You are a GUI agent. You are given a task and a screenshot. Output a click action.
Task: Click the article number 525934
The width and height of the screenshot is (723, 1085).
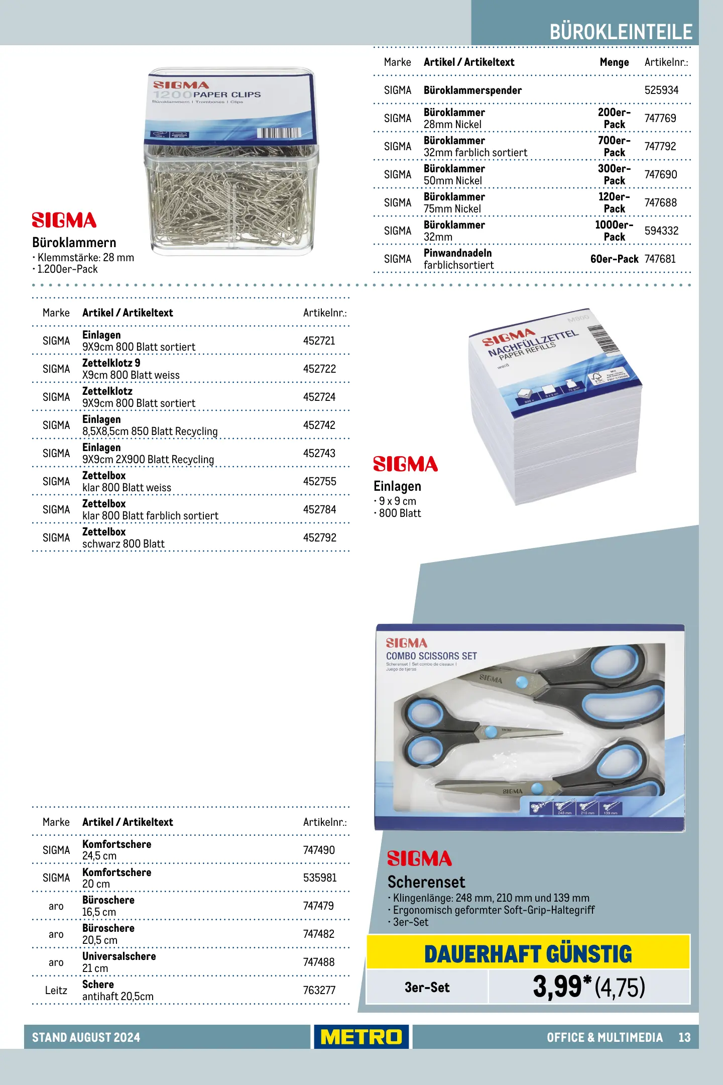(661, 90)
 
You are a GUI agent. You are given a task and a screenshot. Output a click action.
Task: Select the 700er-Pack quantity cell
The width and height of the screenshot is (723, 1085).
(614, 147)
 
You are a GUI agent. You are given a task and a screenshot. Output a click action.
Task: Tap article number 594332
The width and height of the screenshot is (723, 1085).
(661, 231)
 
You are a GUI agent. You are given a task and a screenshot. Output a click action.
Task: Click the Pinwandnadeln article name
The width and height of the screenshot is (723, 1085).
(457, 253)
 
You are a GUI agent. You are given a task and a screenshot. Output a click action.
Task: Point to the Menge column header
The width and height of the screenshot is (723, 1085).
(614, 62)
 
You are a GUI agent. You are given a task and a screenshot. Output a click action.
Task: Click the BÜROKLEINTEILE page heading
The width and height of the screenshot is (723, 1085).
(621, 32)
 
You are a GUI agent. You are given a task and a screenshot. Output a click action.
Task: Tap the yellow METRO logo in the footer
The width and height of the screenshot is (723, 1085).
(361, 1037)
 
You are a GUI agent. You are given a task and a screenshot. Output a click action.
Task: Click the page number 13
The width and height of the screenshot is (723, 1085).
(684, 1037)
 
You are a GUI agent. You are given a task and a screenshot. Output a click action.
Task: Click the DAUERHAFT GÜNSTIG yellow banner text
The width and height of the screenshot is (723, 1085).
(528, 954)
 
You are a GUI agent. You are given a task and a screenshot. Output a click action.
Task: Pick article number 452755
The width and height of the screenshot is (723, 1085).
(319, 482)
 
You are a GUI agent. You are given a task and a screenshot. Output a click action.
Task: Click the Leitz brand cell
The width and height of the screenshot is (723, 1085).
(56, 991)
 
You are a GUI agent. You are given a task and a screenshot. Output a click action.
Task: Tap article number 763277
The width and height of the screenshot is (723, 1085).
(319, 991)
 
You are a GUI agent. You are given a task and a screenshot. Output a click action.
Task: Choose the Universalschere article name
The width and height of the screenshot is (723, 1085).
(119, 956)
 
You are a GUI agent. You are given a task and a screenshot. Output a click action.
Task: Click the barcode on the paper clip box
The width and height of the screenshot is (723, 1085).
(279, 133)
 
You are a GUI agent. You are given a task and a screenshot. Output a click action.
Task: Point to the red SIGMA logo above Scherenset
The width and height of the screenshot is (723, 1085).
(419, 858)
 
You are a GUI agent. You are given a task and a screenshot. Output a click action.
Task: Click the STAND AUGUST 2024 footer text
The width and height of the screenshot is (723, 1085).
(86, 1037)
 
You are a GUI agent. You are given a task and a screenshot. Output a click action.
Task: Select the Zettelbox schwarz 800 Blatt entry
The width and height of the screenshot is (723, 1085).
(124, 538)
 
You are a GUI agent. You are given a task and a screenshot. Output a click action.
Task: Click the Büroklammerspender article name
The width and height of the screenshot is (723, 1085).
(472, 90)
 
